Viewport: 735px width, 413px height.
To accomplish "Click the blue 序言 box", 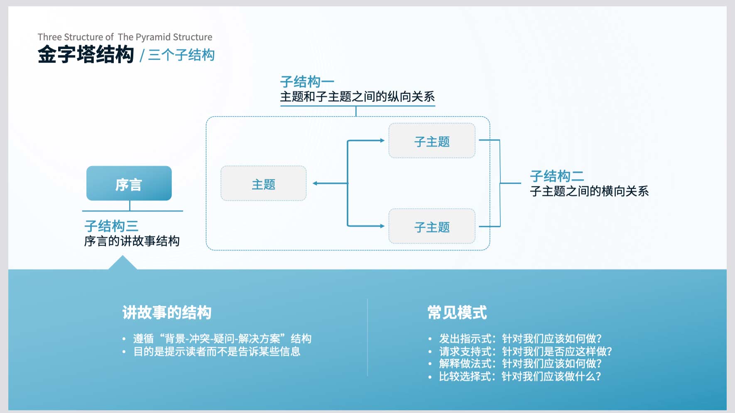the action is [x=129, y=183].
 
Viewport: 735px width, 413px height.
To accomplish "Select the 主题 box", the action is [x=264, y=183].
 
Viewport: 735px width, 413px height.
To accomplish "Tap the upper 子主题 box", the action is [x=432, y=141].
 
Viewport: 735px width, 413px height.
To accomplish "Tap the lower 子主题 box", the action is [x=432, y=226].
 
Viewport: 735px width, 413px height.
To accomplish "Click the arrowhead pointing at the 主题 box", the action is [x=315, y=183].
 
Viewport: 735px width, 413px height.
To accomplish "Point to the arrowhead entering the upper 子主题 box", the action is [x=382, y=141].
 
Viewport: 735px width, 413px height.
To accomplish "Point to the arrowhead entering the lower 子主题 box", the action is [x=382, y=226].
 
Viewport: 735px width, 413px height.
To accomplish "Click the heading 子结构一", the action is [x=307, y=82].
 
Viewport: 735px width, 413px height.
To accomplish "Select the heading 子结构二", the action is [x=557, y=176].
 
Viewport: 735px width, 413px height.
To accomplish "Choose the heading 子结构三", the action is [x=111, y=226].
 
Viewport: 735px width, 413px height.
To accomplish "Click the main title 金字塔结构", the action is [x=86, y=55].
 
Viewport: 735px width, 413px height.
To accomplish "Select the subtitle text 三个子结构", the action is [x=181, y=55].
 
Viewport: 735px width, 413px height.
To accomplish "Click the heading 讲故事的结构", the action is [x=167, y=313].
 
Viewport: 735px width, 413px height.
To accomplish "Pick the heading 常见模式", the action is [x=457, y=313].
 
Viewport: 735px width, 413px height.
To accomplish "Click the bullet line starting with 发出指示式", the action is [x=520, y=339].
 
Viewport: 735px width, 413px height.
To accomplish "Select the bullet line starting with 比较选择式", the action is [x=520, y=376].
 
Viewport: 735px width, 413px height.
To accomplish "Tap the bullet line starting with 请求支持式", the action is [x=526, y=352].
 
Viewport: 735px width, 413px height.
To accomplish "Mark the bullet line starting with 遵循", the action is [x=222, y=339].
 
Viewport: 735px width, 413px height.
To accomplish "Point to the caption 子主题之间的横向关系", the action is [x=589, y=191].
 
